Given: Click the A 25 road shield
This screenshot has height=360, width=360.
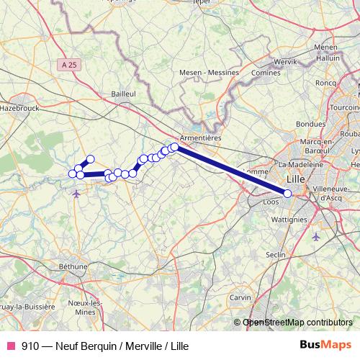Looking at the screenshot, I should [x=69, y=65].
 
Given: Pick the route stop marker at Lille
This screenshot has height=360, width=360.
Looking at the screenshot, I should [x=288, y=193].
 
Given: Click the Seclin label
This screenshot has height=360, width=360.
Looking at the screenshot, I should [x=276, y=256].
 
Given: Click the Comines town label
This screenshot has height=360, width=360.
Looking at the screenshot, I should [x=266, y=73].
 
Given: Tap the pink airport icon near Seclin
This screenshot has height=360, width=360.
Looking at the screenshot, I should [x=316, y=236].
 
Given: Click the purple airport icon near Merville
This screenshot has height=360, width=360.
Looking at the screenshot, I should [x=77, y=193].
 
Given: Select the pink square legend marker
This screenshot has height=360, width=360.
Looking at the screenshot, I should [x=10, y=346].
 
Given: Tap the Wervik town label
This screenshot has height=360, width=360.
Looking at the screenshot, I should [x=285, y=62].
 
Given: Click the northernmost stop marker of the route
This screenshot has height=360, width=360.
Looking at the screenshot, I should [x=91, y=159].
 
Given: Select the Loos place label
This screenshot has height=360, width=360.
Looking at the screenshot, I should [x=271, y=202].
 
